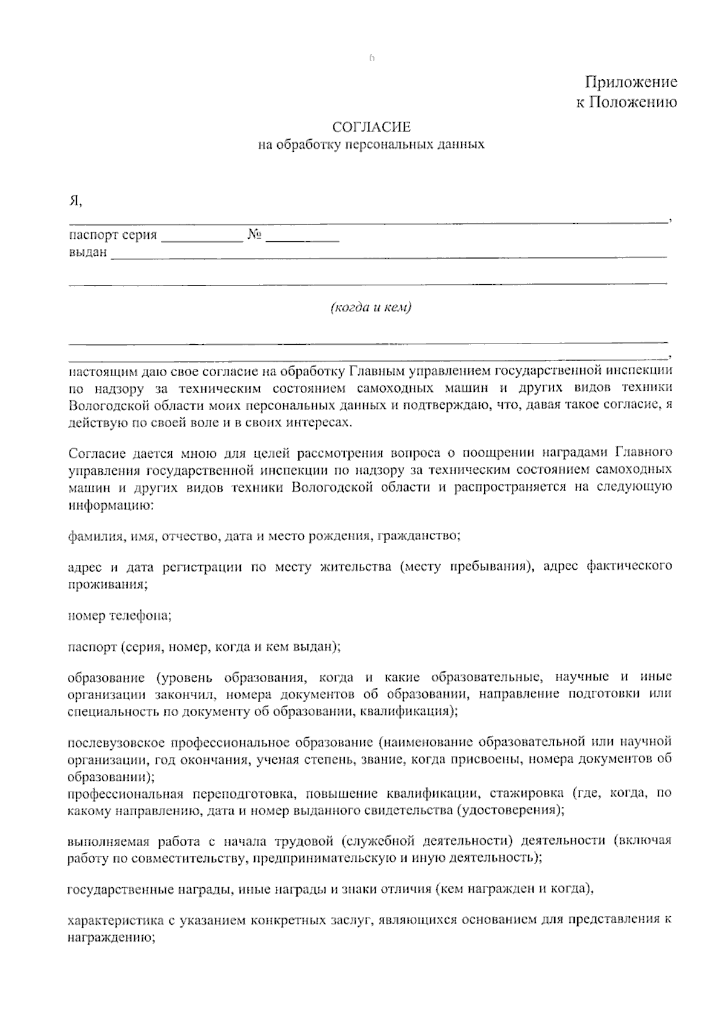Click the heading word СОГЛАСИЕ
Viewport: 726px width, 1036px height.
372,127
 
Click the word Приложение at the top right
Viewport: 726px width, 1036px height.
630,82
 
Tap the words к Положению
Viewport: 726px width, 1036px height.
626,102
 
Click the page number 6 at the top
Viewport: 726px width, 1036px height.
371,59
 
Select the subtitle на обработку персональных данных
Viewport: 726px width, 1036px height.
371,145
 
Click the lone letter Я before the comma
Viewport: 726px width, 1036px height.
73,201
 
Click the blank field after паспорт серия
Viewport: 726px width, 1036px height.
201,236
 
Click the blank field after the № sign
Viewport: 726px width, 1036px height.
302,236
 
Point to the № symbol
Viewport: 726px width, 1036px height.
254,235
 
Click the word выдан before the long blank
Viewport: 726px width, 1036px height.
87,252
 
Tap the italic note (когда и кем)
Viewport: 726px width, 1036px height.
371,308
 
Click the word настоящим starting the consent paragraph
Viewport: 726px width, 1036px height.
97,370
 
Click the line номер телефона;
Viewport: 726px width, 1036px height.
119,616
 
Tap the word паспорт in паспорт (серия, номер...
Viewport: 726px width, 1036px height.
91,647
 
